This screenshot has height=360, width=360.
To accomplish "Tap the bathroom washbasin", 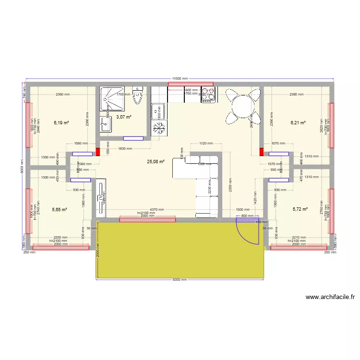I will [106, 124].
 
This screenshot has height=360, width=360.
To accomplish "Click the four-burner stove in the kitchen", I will [208, 95].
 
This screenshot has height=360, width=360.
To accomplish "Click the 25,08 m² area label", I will [156, 162].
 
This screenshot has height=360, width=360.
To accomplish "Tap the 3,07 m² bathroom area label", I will [124, 117].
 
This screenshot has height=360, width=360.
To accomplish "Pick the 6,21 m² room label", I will [298, 123].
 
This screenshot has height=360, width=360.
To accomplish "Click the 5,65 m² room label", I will [59, 209].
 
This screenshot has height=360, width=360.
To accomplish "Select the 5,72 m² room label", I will [300, 209].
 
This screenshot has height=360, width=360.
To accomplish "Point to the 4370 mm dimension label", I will [157, 209].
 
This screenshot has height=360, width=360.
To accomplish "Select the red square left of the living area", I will [98, 152].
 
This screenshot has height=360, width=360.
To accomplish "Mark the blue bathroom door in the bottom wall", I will [133, 139].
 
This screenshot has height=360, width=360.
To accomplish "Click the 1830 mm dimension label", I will [126, 148].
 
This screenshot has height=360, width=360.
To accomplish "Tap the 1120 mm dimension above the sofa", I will [205, 143].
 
